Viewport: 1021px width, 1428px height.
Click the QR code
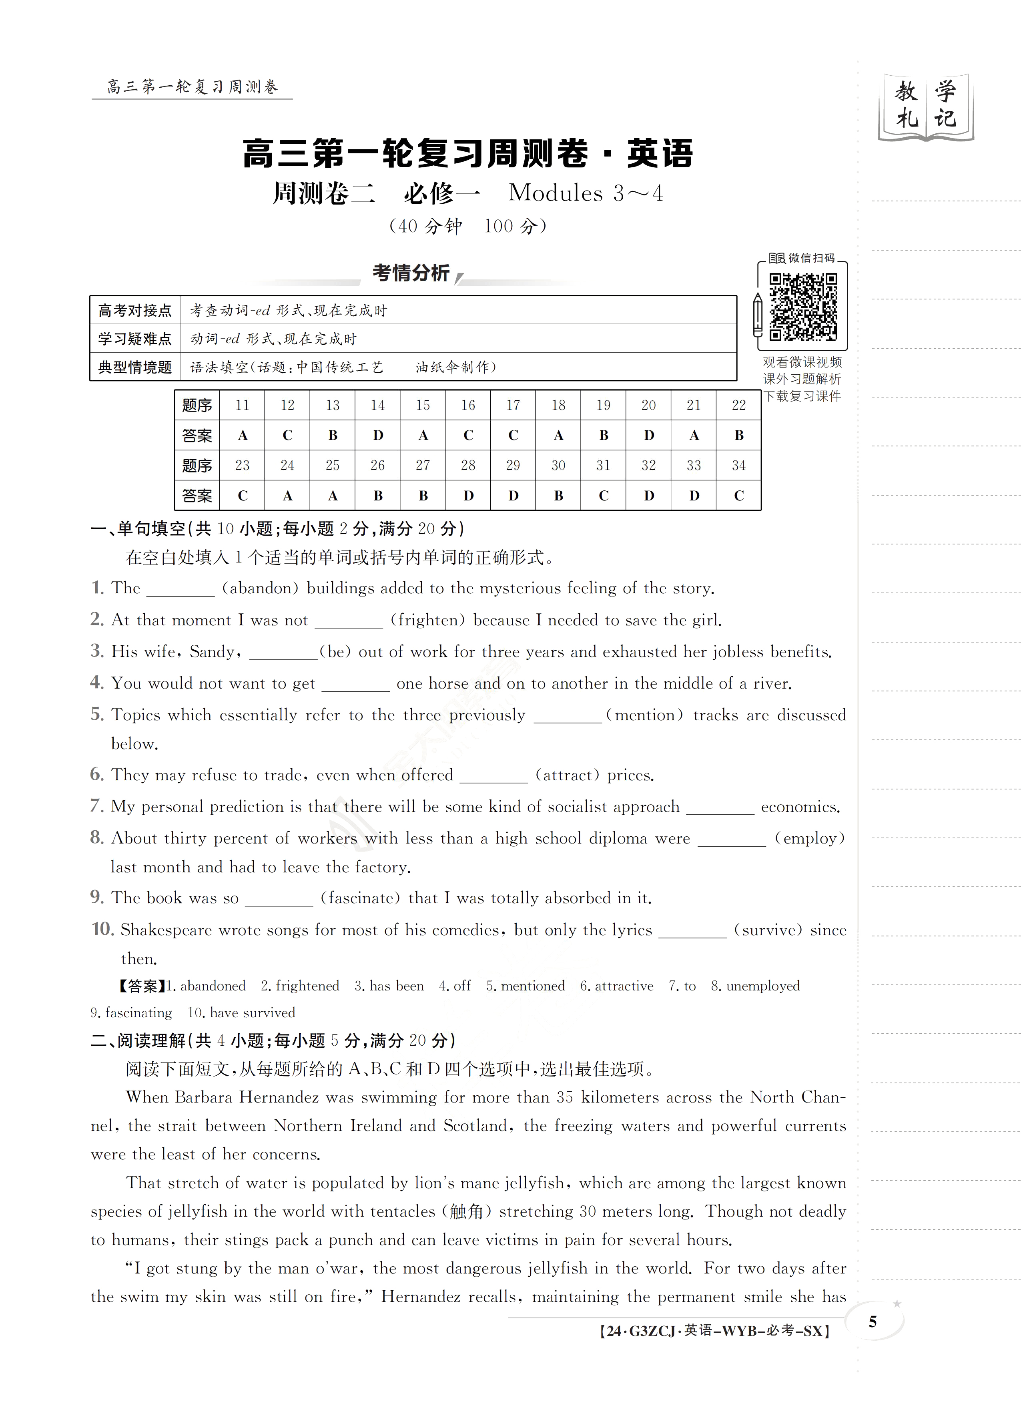pos(803,306)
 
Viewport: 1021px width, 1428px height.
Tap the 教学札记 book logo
pos(925,106)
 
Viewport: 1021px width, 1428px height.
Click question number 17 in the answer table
pos(513,406)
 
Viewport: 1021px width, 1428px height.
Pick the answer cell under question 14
pos(378,435)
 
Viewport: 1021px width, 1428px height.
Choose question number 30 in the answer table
pos(558,465)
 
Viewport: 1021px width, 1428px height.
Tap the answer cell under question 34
pos(739,496)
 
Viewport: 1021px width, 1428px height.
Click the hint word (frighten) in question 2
pos(428,620)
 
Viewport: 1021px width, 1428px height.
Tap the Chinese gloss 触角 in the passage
pos(467,1212)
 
